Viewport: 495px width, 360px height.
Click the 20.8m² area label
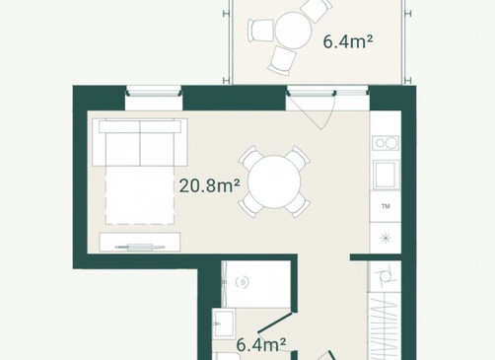pyautogui.click(x=209, y=186)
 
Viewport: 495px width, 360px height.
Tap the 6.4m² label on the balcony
pyautogui.click(x=348, y=42)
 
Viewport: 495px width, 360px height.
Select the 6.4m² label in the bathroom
pyautogui.click(x=261, y=345)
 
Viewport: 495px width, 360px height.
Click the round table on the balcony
pyautogui.click(x=293, y=31)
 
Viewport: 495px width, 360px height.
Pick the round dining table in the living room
pyautogui.click(x=274, y=181)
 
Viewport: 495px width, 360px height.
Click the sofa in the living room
pyautogui.click(x=140, y=143)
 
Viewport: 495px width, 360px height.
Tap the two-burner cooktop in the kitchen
pyautogui.click(x=386, y=143)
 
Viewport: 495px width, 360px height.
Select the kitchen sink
pyautogui.click(x=386, y=175)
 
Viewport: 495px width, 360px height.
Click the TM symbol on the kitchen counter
pyautogui.click(x=386, y=206)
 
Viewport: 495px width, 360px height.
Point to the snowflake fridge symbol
pyautogui.click(x=386, y=238)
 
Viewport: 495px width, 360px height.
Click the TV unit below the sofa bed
pyautogui.click(x=140, y=243)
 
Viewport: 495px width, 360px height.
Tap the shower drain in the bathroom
pyautogui.click(x=243, y=282)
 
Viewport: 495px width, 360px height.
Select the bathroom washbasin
pyautogui.click(x=224, y=324)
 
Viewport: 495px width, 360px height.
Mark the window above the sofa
pyautogui.click(x=154, y=92)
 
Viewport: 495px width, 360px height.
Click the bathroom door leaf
pyautogui.click(x=275, y=323)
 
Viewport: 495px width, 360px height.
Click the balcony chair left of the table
pyautogui.click(x=261, y=30)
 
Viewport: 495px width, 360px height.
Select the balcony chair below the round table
pyautogui.click(x=282, y=60)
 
